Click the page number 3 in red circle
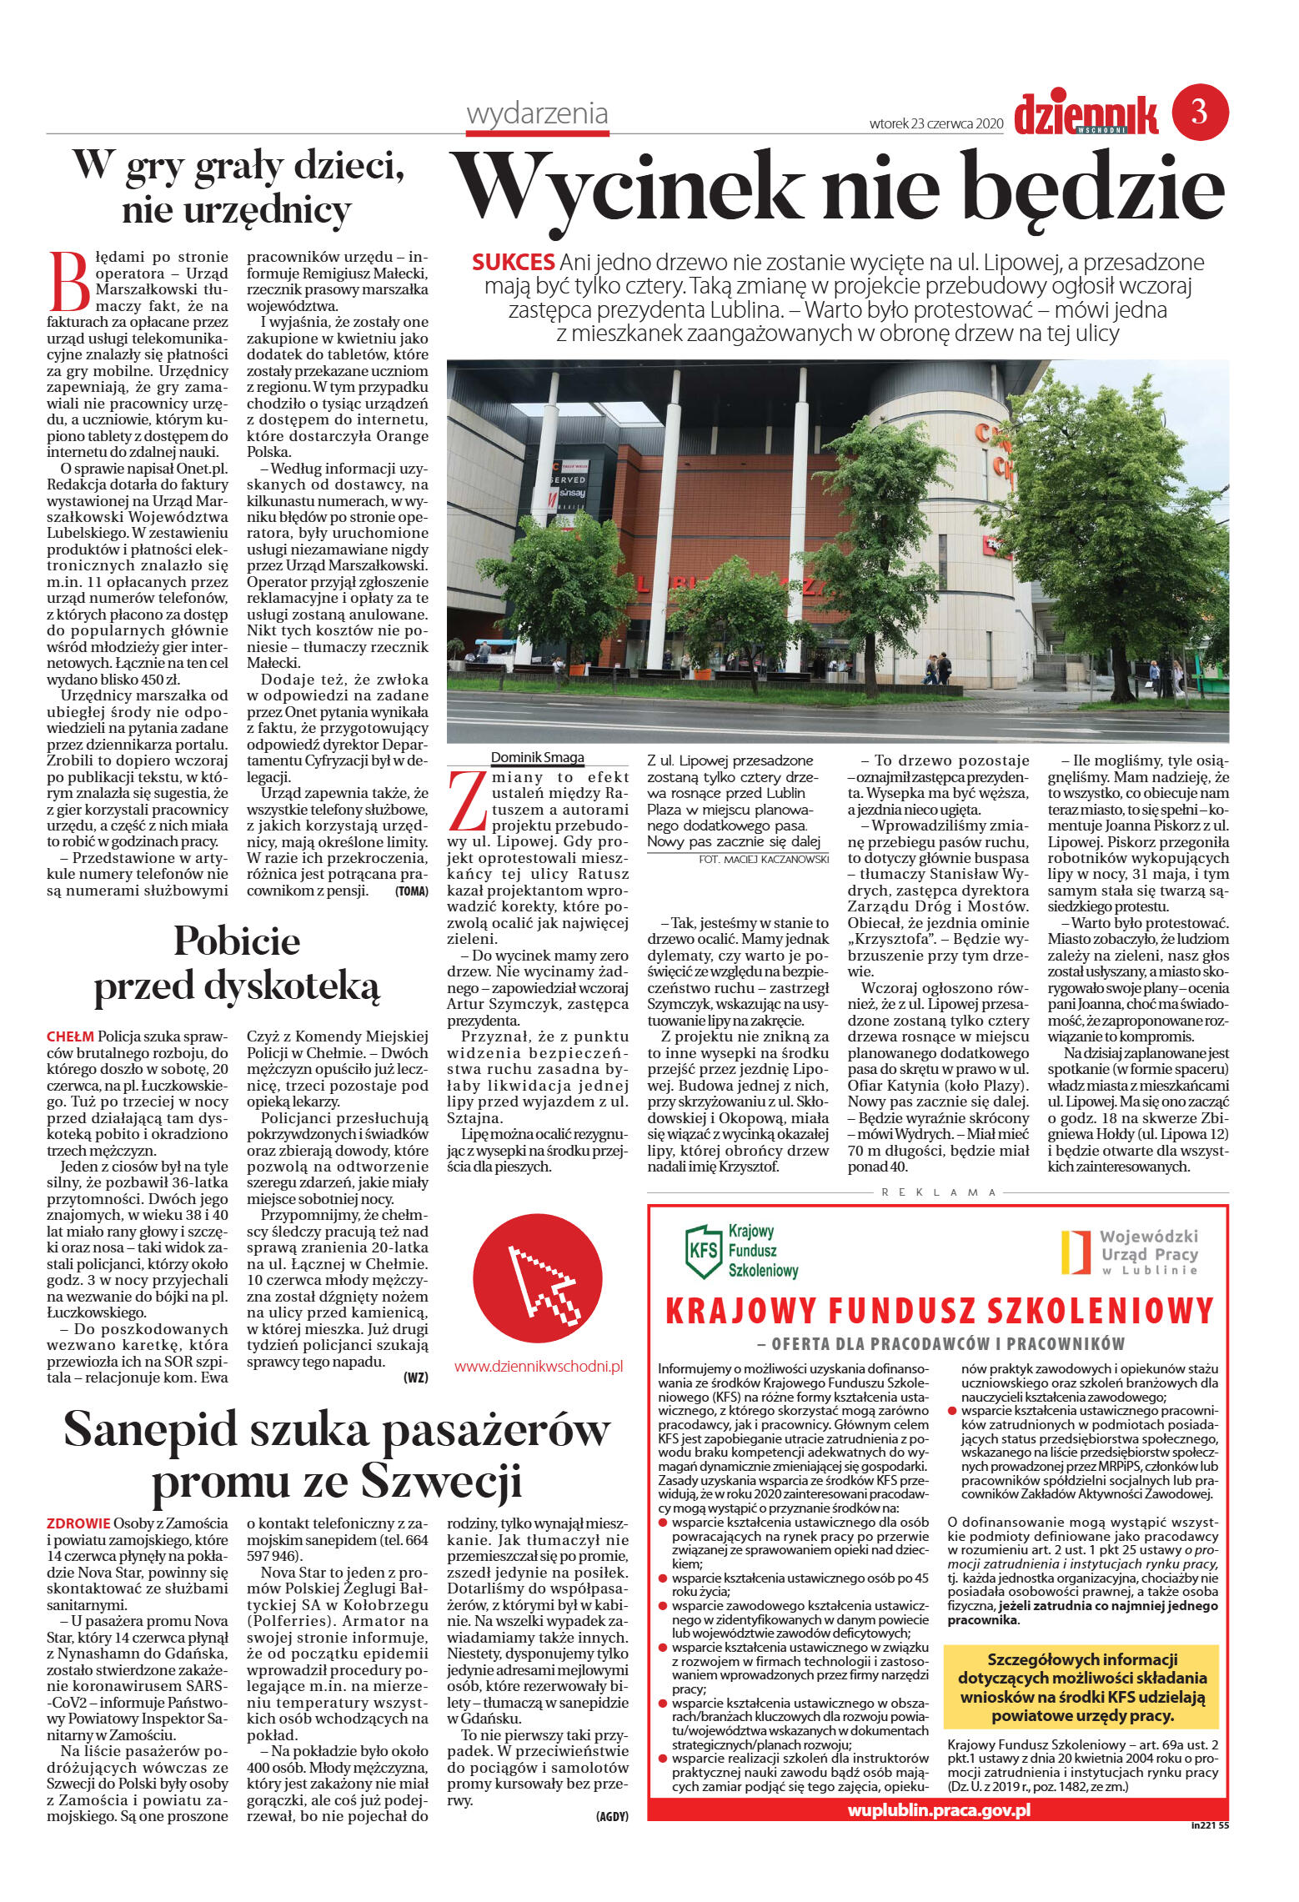point(1199,112)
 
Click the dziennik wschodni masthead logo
point(1086,114)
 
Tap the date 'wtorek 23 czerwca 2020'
point(935,123)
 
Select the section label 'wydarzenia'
point(537,113)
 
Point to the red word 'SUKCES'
point(513,262)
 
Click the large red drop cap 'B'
point(68,281)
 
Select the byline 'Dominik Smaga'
point(537,757)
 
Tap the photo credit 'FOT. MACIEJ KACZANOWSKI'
point(763,859)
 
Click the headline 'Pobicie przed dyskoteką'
point(237,963)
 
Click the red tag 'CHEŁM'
point(70,1036)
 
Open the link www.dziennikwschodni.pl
point(539,1366)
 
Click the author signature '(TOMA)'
point(411,891)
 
